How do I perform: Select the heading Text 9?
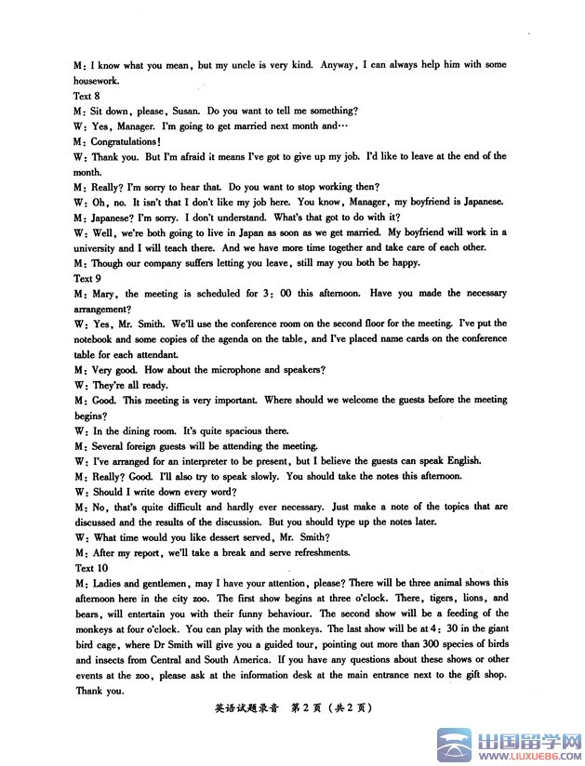tap(84, 278)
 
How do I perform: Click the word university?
tap(100, 247)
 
